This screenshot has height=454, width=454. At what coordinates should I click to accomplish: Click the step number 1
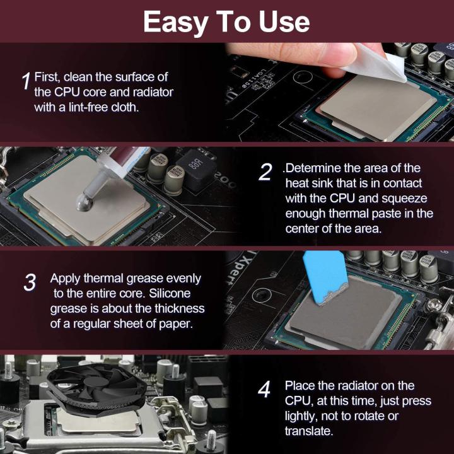26,81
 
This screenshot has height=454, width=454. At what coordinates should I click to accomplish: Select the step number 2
266,172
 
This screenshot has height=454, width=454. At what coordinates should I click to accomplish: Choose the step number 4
264,390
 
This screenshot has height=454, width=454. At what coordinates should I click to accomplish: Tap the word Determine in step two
315,168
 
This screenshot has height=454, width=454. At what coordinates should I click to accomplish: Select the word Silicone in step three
169,294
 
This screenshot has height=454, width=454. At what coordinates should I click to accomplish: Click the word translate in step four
308,431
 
